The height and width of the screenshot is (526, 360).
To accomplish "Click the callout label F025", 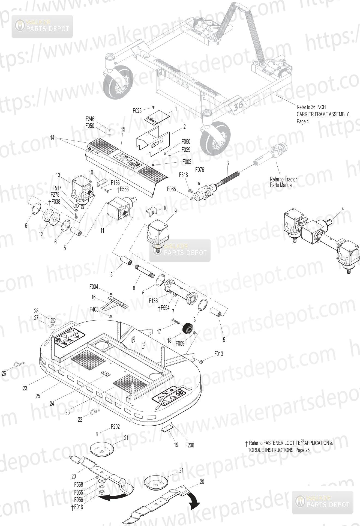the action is (x=137, y=111).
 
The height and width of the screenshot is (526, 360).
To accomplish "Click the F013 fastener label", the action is (x=218, y=354).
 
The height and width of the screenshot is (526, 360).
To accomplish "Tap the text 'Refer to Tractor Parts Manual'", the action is (x=283, y=182).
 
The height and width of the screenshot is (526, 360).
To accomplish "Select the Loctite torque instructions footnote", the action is (x=289, y=446).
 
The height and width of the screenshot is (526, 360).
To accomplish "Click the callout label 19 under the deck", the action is (x=176, y=445).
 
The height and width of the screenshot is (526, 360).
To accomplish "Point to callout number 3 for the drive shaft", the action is (x=227, y=163).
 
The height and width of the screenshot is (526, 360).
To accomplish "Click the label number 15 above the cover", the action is (x=123, y=129).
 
